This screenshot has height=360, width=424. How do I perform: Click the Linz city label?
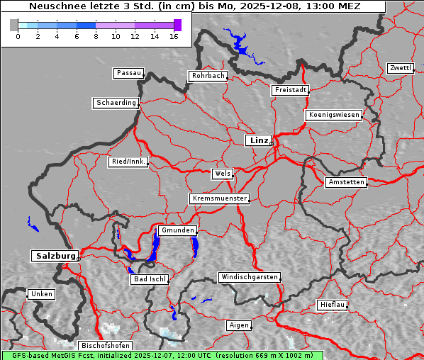pos(258,140)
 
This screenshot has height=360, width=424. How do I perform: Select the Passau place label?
pos(128,73)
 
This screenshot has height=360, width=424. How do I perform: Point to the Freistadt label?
pos(290,90)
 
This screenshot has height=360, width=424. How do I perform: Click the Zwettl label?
pos(400,68)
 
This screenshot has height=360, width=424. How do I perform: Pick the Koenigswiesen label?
pos(333,115)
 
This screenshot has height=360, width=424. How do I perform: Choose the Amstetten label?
pos(345,182)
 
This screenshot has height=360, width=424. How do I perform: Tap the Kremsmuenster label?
pos(219,198)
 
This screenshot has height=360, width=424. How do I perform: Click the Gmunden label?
pos(177,231)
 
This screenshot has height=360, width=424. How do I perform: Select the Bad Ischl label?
pos(149,279)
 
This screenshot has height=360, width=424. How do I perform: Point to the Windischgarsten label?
pos(248,277)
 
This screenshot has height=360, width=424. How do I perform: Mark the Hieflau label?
pos(333,305)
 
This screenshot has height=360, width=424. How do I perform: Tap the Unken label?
pos(40,294)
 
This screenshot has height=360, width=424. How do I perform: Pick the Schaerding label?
pos(116,103)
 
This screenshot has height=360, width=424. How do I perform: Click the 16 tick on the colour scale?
pos(174,37)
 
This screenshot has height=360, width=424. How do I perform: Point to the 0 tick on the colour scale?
pos(18,37)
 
